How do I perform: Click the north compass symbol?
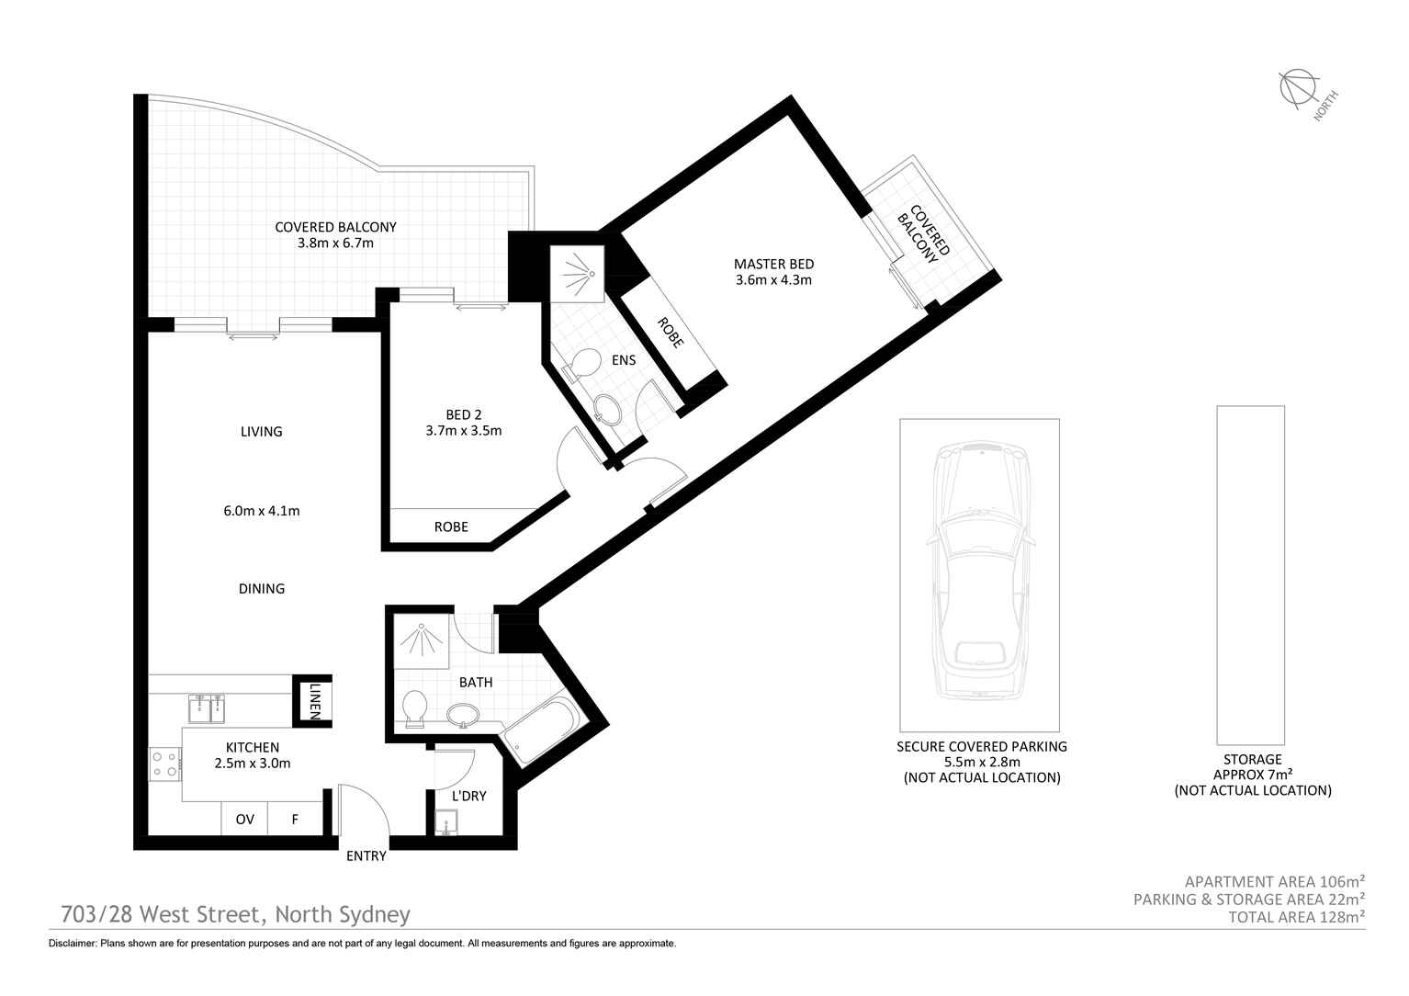[1298, 89]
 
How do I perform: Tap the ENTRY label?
[366, 855]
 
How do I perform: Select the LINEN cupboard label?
[314, 702]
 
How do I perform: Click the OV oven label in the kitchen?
[244, 820]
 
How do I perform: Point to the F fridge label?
[295, 820]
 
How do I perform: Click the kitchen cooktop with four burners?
[164, 764]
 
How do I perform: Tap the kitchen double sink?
[207, 707]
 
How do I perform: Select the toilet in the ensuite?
[581, 365]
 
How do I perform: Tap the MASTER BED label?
[773, 265]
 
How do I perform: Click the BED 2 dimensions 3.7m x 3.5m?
[464, 431]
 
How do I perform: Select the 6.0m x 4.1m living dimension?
[262, 511]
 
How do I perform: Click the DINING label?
[262, 588]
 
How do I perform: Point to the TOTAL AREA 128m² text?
[1296, 917]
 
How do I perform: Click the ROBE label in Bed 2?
[451, 526]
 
